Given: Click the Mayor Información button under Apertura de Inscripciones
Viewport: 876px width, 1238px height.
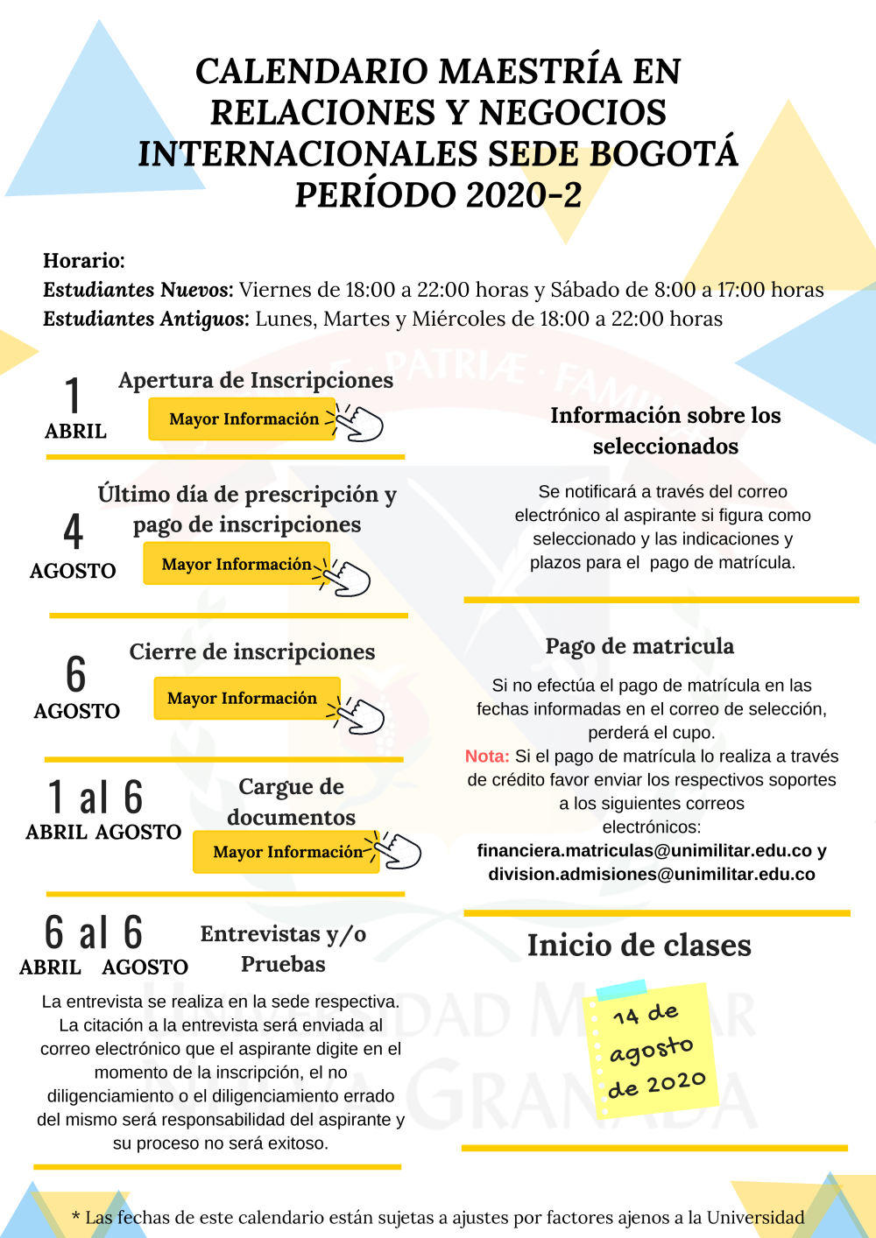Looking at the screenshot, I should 243,419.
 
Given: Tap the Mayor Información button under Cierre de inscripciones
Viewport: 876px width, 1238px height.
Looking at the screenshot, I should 243,699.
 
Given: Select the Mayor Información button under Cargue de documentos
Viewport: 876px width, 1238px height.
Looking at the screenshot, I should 286,852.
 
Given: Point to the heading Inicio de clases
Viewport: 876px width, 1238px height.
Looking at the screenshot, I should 639,946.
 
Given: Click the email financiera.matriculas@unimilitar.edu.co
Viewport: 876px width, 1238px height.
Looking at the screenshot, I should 645,851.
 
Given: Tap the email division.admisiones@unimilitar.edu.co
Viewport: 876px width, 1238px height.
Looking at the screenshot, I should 652,875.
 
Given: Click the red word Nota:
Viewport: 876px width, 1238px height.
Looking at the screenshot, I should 487,756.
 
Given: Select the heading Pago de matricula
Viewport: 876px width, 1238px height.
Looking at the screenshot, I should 639,646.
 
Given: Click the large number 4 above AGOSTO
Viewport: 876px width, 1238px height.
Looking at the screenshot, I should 74,531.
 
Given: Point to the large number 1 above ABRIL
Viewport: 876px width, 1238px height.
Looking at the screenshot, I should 74,395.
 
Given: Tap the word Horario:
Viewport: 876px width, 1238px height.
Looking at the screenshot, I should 84,261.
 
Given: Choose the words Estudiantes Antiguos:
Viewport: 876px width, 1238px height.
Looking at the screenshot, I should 146,319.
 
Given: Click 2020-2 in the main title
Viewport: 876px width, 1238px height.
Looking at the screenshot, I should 524,195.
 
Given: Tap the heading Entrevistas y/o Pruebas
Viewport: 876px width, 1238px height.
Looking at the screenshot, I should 283,949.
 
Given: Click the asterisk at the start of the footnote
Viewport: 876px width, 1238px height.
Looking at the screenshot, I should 76,1217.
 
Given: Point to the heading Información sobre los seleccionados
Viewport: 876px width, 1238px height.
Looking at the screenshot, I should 665,431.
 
